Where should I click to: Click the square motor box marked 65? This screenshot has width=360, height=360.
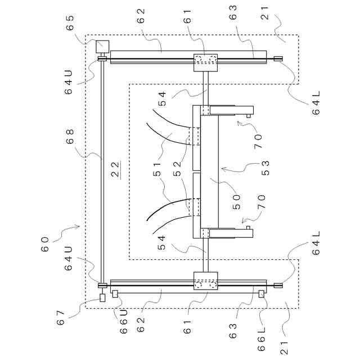pos(102,46)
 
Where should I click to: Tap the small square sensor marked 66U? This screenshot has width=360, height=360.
pos(115,293)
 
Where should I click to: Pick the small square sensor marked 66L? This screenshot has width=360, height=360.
pos(261,293)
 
